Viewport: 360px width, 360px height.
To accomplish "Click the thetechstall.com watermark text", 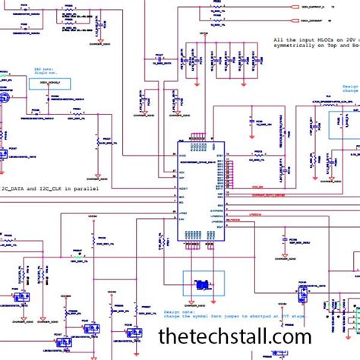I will point(235,336).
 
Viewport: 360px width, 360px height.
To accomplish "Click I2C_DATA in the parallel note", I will point(16,188).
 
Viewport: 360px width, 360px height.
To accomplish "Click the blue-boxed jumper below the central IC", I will point(204,284).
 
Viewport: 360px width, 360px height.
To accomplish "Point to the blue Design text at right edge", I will point(350,87).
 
